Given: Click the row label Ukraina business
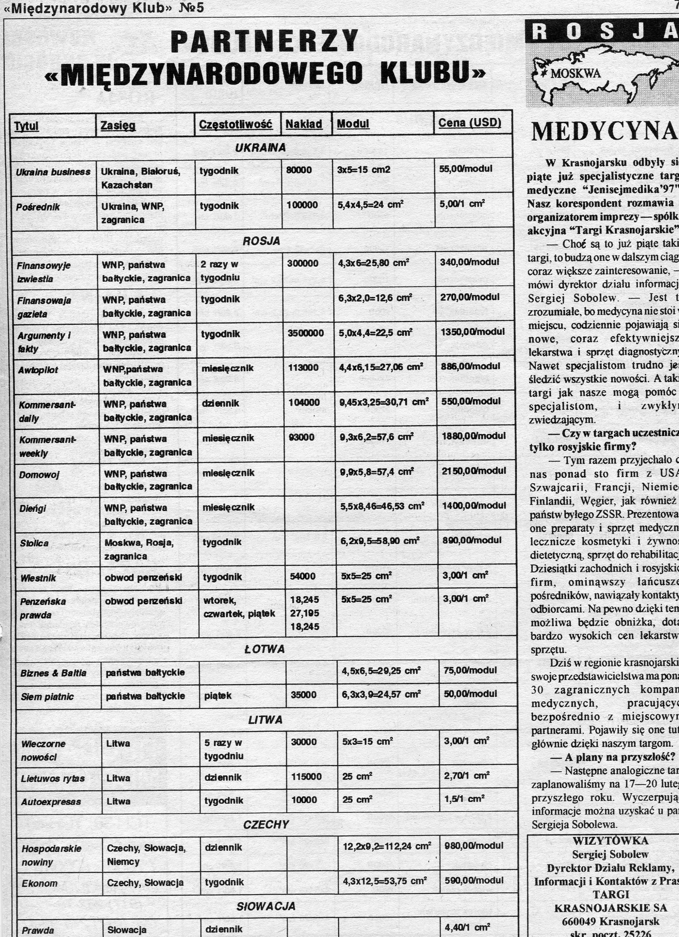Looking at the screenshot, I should pos(53,172).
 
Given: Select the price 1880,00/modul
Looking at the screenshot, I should pos(473,436).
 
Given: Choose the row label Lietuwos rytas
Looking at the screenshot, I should pos(53,778).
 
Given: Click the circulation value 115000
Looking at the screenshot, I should pos(306,777).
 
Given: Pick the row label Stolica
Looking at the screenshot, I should pos(34,543).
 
